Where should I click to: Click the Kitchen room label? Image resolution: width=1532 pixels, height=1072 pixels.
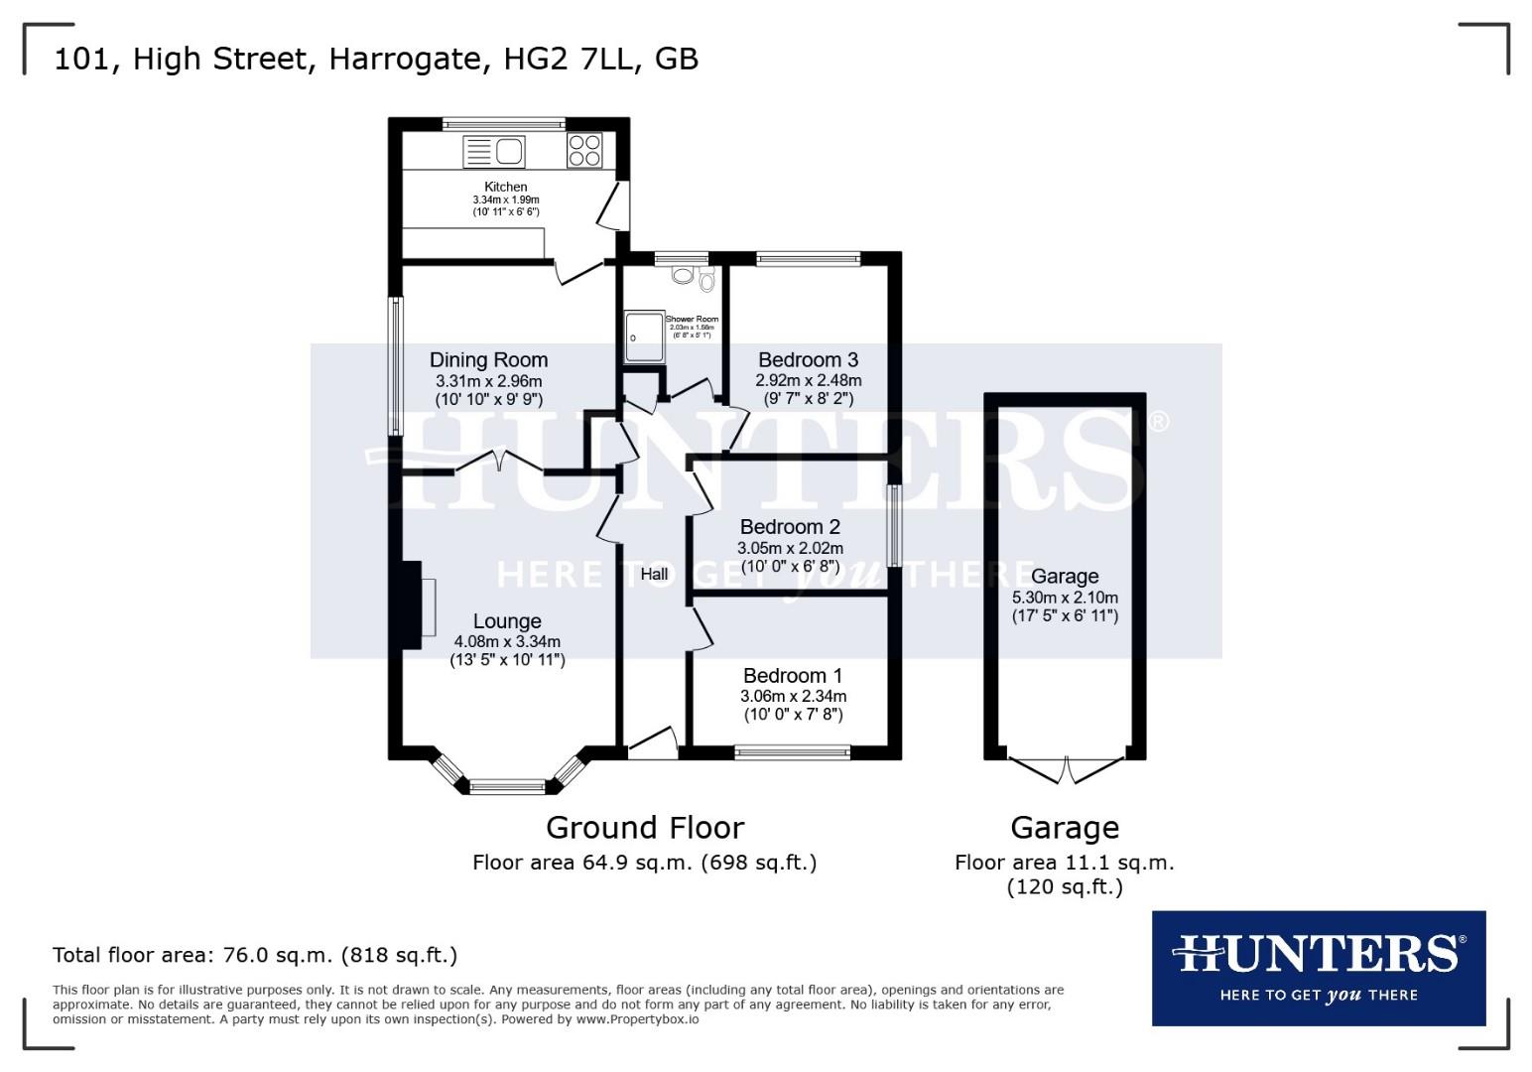[505, 187]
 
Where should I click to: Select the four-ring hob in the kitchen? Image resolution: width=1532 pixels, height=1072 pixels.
[583, 150]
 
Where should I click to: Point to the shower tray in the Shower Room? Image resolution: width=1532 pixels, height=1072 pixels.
[640, 336]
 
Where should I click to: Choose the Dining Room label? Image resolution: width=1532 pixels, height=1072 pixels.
[488, 359]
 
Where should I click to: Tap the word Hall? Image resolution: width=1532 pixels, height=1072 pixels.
[654, 574]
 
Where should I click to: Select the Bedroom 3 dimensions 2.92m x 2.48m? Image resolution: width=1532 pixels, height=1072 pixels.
[808, 380]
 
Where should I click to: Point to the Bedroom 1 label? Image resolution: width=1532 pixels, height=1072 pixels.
[793, 676]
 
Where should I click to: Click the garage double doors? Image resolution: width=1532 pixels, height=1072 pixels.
[1065, 769]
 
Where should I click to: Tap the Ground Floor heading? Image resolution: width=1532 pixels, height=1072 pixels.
[644, 827]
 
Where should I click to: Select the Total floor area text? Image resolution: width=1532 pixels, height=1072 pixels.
[255, 955]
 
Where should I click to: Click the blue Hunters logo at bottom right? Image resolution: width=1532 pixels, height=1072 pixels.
[1318, 968]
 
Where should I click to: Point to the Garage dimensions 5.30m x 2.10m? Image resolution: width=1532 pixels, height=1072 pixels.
[1065, 598]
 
